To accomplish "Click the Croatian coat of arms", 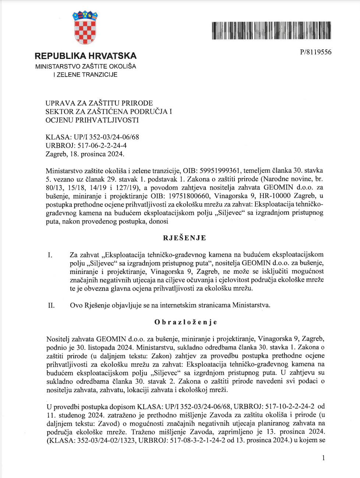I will point(85,27).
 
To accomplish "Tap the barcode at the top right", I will point(271,31).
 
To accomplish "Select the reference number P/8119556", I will point(315,52).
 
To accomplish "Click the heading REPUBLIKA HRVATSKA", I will point(85,56).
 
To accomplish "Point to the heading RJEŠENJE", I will point(184,238).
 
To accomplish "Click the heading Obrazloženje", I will point(186,322).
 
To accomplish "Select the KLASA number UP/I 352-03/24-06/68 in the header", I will point(106,137).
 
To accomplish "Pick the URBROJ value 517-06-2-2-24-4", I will point(102,145).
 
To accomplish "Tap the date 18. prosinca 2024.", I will point(97,154).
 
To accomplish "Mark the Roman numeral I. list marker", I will point(50,255).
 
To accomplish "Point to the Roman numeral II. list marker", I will point(51,305).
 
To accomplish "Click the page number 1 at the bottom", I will point(323,458).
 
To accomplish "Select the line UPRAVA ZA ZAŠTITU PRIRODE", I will point(99,103).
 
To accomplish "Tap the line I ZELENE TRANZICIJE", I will point(85,75).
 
